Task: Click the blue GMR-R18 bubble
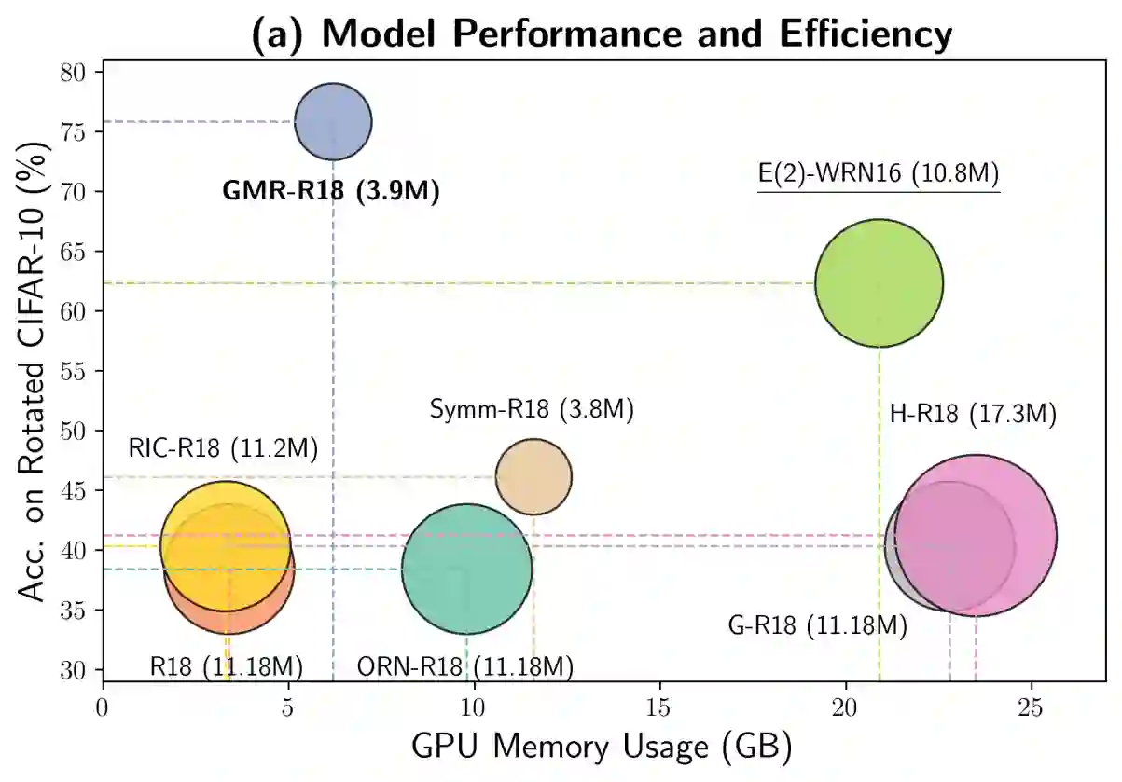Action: (333, 121)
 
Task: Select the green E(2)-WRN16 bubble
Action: (879, 282)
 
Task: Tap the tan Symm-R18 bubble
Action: (533, 476)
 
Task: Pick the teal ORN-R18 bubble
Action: (466, 569)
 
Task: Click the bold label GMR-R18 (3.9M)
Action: (330, 191)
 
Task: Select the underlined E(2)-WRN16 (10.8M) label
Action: (879, 173)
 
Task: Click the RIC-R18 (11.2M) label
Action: (224, 449)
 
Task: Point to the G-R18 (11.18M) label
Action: (817, 625)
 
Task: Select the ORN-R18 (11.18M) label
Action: (465, 667)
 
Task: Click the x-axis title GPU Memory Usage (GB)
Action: (602, 747)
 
